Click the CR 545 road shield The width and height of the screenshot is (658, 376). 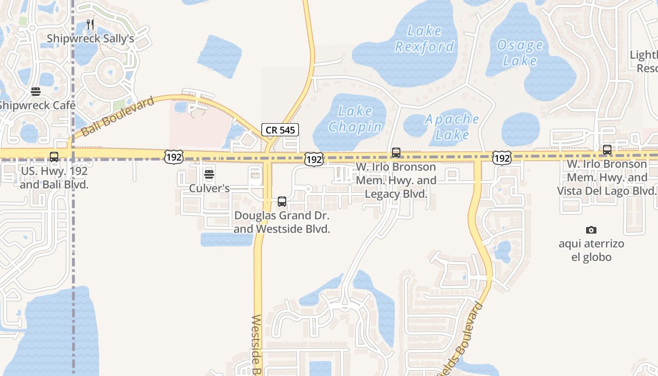(280, 130)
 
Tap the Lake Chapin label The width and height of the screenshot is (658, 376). (355, 119)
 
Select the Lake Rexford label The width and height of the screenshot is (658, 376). (424, 39)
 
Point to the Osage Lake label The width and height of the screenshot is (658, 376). (520, 53)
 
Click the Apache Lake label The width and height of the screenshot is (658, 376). (452, 127)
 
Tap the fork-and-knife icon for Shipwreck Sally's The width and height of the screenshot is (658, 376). (91, 24)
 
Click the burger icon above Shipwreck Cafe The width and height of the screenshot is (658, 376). (36, 92)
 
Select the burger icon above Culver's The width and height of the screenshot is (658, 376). (209, 175)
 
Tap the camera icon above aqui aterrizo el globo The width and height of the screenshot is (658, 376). (591, 230)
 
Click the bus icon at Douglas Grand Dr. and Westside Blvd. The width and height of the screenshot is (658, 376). (282, 202)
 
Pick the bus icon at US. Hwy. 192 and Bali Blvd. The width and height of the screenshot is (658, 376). (54, 157)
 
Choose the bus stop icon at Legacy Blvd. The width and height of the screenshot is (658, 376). (396, 153)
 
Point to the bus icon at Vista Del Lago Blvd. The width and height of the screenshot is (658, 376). (607, 150)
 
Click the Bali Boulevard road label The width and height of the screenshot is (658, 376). (117, 117)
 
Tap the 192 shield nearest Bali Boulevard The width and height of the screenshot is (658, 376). (173, 157)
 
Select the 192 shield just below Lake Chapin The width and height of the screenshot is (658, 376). (313, 159)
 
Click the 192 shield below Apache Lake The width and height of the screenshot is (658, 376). (501, 158)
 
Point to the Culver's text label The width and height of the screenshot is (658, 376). (209, 188)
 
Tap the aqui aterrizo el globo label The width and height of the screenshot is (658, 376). (591, 251)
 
